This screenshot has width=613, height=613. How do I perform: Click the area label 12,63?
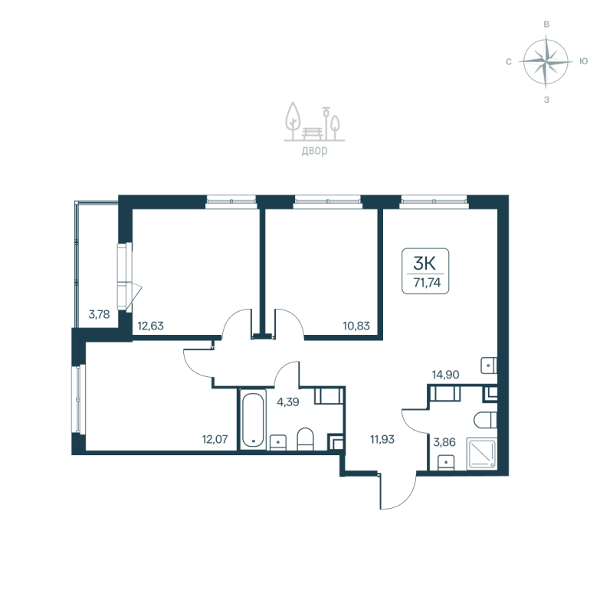click(x=150, y=325)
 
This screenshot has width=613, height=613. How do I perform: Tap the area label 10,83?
click(x=357, y=325)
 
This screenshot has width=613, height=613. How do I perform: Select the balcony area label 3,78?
click(x=99, y=313)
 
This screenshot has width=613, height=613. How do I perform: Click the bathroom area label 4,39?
click(x=288, y=401)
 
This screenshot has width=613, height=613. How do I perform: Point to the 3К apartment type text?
click(x=426, y=263)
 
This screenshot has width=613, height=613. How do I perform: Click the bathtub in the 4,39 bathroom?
click(x=253, y=420)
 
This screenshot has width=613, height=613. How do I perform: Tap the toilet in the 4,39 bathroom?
click(x=305, y=438)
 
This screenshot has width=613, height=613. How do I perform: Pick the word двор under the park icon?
click(x=314, y=151)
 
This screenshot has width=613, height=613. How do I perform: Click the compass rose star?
click(x=546, y=61)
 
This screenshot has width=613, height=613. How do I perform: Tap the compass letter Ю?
click(x=584, y=61)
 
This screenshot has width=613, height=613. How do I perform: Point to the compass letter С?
click(x=509, y=61)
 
